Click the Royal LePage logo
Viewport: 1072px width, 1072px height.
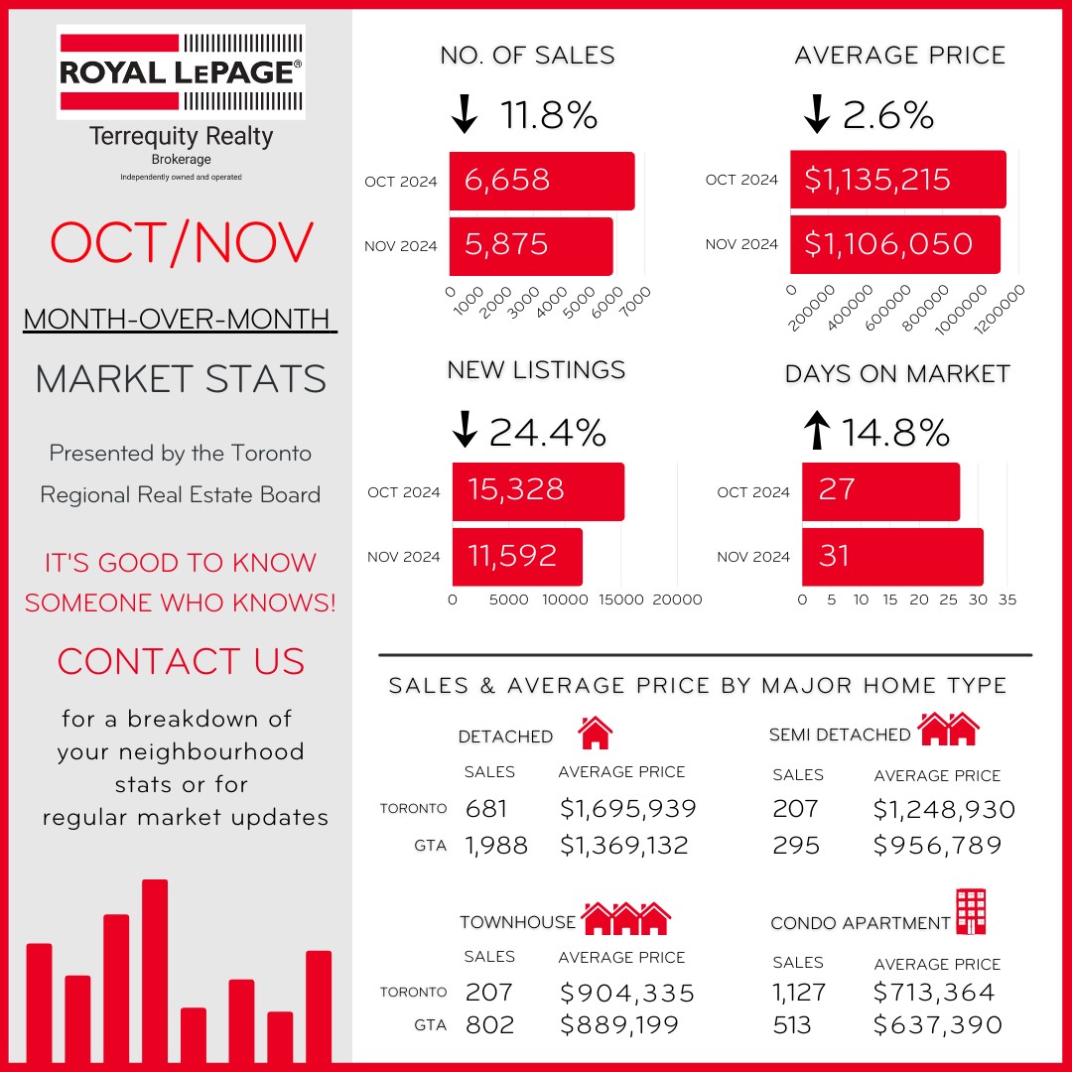[x=181, y=71]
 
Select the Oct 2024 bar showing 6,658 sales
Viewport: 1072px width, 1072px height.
[x=541, y=181]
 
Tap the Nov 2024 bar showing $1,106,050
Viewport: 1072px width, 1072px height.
[x=894, y=244]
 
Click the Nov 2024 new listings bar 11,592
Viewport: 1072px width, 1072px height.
[x=517, y=556]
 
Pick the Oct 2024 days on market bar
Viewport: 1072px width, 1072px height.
[x=880, y=491]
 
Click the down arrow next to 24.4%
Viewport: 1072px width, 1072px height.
[x=465, y=431]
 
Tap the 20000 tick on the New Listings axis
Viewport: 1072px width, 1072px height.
[x=676, y=600]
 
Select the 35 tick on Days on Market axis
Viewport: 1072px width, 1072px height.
[x=1007, y=600]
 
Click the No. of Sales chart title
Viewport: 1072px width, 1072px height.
[x=527, y=57]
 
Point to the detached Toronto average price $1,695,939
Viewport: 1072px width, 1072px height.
[x=627, y=809]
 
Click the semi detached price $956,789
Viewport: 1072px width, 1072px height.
[x=937, y=846]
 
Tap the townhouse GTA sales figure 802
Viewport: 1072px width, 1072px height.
[x=490, y=1024]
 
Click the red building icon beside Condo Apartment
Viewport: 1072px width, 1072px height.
[x=971, y=911]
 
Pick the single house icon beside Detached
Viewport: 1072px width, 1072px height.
[x=595, y=733]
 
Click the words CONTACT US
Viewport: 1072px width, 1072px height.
[x=181, y=661]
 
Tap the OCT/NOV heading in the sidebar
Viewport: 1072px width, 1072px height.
[x=182, y=242]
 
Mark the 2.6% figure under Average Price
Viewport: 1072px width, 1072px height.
[x=888, y=116]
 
